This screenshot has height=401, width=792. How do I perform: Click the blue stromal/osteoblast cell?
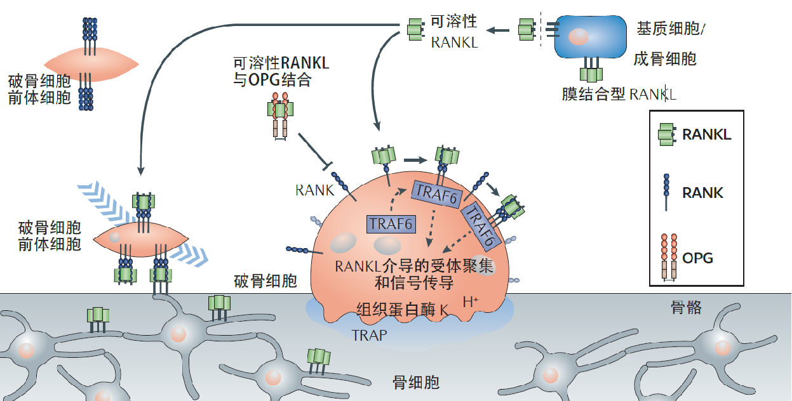tap(590, 36)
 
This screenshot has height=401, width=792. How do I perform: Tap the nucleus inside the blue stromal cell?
tap(579, 36)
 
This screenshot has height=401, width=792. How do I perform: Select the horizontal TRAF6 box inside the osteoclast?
tap(391, 225)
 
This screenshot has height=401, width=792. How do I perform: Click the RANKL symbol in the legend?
tap(667, 135)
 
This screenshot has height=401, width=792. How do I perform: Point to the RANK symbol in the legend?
tap(666, 192)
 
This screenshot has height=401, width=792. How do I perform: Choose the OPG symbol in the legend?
tap(669, 257)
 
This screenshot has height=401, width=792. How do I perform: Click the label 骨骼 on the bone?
tap(686, 307)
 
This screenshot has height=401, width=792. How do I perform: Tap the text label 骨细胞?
tap(416, 383)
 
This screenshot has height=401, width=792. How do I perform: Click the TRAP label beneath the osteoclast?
tap(369, 335)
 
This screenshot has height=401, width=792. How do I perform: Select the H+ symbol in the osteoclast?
tap(471, 302)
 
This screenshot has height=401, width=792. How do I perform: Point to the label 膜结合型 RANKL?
tap(619, 95)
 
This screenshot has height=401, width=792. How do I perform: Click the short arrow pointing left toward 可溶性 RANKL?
tap(498, 30)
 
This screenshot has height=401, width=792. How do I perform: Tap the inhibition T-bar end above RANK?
tap(328, 166)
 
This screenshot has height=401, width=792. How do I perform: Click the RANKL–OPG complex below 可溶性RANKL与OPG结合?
tap(280, 116)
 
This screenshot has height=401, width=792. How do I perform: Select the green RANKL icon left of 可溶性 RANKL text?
tap(416, 30)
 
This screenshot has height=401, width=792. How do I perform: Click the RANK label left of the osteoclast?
tap(314, 190)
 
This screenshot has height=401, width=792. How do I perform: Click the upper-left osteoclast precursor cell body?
tap(91, 64)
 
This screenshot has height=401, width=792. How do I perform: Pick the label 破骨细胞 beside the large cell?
tap(265, 281)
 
